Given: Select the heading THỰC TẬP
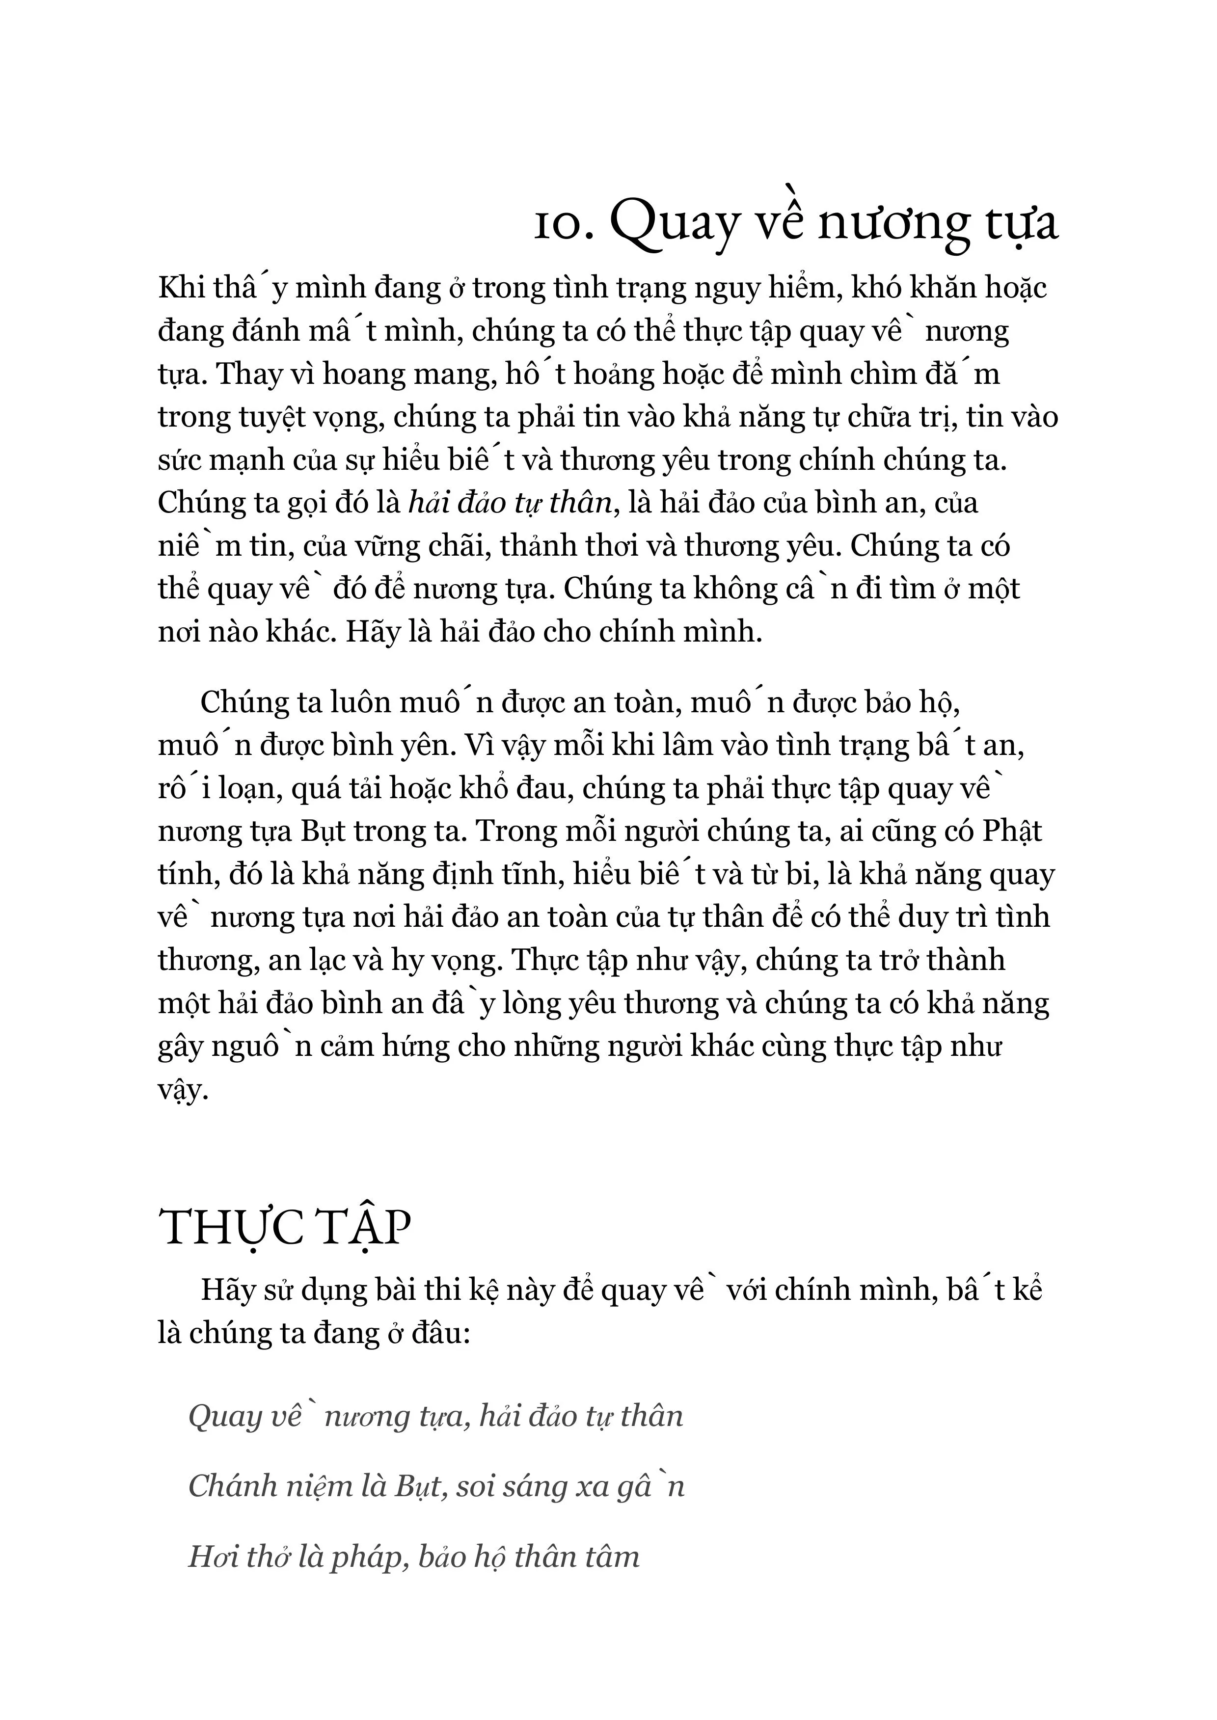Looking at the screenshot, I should coord(285,1229).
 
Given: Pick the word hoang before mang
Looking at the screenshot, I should coord(367,375).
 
